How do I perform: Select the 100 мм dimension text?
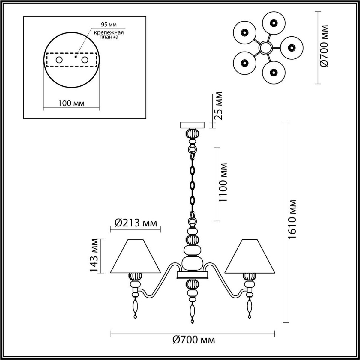tap(71, 103)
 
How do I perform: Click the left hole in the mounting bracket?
tap(59, 60)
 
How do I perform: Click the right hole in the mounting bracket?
tap(85, 60)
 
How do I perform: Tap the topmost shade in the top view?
tap(273, 23)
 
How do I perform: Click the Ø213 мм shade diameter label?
tap(136, 223)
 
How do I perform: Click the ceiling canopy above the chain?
tap(192, 124)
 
